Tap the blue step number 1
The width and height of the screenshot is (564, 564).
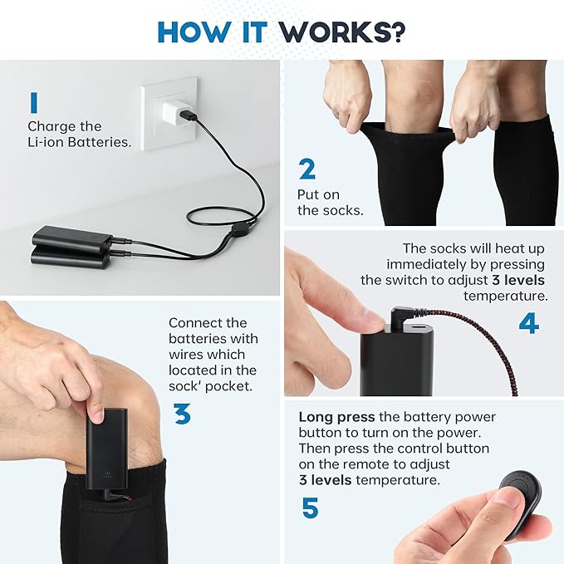[x=34, y=102]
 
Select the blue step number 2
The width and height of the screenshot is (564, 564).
[x=307, y=169]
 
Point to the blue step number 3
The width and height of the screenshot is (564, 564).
[x=183, y=414]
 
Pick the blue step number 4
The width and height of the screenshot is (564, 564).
[x=529, y=323]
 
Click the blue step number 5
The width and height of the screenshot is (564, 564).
[x=310, y=508]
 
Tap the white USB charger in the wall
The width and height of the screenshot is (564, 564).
[x=175, y=112]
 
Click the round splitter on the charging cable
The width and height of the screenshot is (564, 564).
[x=238, y=229]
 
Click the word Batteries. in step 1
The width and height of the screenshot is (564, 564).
[x=100, y=142]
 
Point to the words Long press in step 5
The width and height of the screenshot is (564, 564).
[x=336, y=417]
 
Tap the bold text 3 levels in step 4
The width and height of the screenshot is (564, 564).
[x=518, y=280]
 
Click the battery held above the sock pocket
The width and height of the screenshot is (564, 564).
[x=107, y=449]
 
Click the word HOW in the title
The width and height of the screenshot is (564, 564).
[x=194, y=32]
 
